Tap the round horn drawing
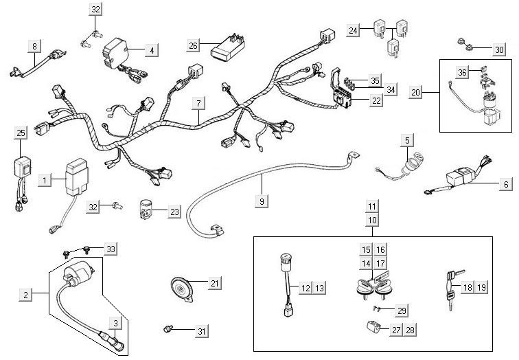click(183, 287)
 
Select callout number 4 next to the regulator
click(152, 49)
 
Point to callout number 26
click(194, 45)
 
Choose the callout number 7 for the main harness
click(198, 104)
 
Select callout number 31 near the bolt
click(200, 332)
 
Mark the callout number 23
click(174, 212)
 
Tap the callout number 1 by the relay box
click(45, 180)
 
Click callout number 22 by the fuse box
click(376, 101)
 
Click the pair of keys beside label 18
click(450, 286)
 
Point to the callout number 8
click(34, 46)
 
